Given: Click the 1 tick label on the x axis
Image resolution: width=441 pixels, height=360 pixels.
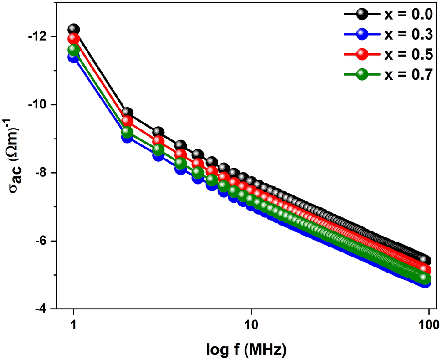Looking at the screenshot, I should click(x=74, y=325).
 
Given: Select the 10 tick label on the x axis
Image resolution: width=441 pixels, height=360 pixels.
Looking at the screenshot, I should click(x=251, y=325).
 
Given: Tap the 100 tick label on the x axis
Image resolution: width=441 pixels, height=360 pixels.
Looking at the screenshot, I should click(x=428, y=325).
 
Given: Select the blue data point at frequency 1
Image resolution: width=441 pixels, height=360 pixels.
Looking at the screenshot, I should click(x=74, y=57).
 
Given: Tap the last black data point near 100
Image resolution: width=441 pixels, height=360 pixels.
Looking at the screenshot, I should click(x=425, y=260).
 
